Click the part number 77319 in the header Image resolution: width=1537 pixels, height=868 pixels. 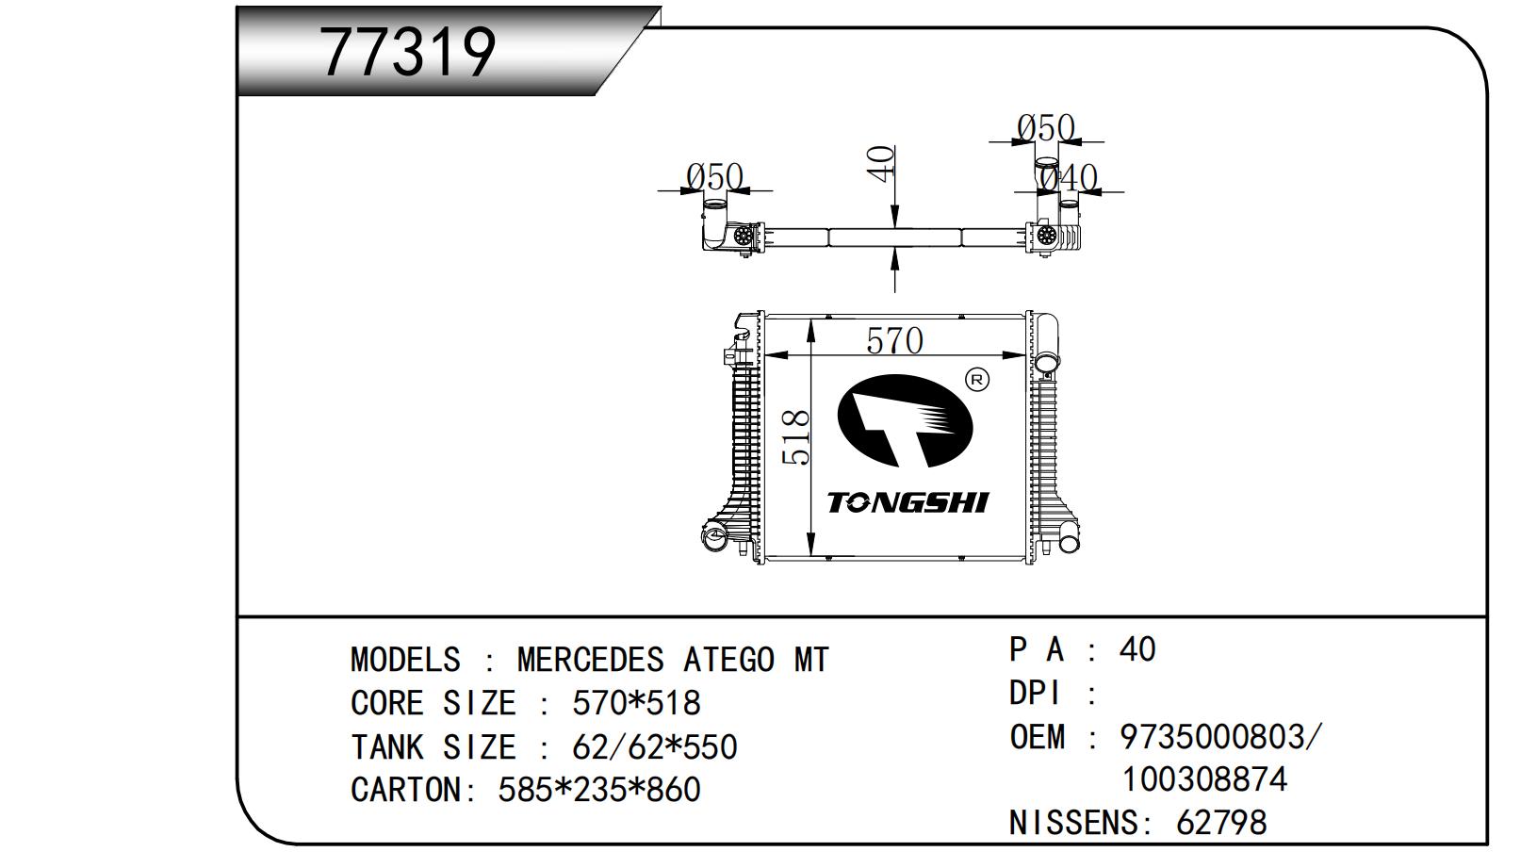[x=407, y=52]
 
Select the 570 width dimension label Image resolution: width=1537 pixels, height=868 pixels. [x=893, y=341]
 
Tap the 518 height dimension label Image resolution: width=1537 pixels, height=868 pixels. [x=797, y=436]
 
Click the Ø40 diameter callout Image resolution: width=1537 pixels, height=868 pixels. [x=1070, y=177]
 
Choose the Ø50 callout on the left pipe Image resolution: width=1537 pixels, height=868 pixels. [x=714, y=176]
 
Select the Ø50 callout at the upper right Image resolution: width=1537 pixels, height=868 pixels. [x=1046, y=127]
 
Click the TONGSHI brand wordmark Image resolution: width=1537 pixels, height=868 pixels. [x=907, y=502]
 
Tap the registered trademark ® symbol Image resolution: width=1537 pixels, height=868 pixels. [x=977, y=380]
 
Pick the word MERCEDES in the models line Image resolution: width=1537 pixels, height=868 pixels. [x=590, y=660]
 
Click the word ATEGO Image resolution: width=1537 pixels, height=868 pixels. [x=728, y=660]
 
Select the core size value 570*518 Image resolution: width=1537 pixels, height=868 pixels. [x=636, y=703]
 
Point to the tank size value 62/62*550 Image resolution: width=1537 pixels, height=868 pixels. [x=654, y=746]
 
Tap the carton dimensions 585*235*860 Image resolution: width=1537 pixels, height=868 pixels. [x=598, y=790]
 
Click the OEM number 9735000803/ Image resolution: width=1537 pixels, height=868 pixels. [x=1220, y=736]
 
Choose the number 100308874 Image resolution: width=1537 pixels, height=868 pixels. [x=1203, y=779]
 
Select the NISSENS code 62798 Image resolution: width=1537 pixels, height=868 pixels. [x=1220, y=823]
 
